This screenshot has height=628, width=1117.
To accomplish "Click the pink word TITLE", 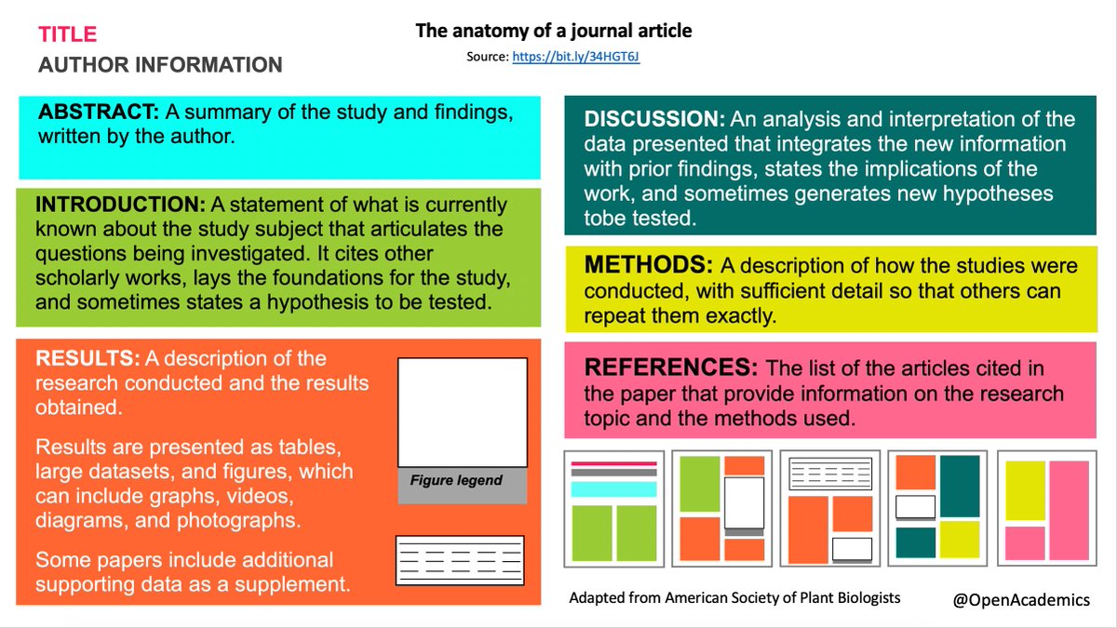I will (x=67, y=35).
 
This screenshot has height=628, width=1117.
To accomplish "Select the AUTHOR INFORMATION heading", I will (x=160, y=65).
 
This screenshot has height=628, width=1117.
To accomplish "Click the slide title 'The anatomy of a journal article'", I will (x=553, y=32).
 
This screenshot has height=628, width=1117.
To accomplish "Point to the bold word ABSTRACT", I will (x=99, y=113).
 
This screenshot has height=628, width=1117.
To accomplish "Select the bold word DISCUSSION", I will (x=654, y=120).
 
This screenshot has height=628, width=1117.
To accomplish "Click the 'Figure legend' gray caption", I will (x=456, y=481).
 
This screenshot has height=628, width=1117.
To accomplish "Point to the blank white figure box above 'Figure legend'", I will (x=463, y=412).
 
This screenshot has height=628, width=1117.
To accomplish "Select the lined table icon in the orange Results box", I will (x=459, y=560).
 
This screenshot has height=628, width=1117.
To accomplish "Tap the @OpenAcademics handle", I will (x=1020, y=600).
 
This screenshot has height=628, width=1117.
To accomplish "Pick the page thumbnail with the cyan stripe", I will (x=613, y=509).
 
